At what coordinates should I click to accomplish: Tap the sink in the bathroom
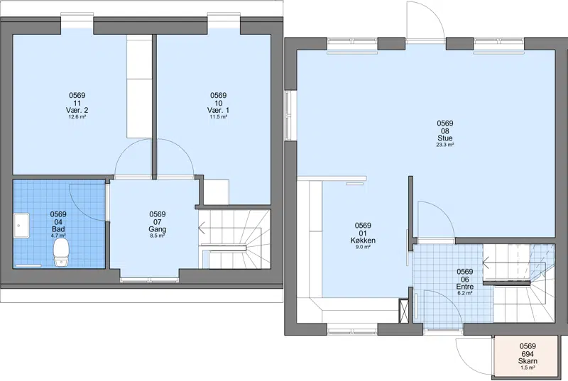(22, 226)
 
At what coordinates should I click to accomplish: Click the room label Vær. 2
(77, 110)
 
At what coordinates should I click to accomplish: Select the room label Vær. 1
(218, 110)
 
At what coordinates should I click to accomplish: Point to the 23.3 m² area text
(445, 145)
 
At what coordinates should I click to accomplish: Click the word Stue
(445, 138)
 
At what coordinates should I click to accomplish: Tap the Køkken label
(363, 241)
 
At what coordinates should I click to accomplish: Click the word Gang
(157, 229)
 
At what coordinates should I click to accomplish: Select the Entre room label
(465, 287)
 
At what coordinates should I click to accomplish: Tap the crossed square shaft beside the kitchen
(404, 310)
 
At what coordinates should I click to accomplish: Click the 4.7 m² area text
(58, 236)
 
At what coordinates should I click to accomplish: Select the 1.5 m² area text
(528, 368)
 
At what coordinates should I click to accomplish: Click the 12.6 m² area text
(77, 117)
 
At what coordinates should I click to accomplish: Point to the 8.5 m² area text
(157, 236)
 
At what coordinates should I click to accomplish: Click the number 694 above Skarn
(528, 354)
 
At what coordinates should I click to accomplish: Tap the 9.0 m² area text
(363, 247)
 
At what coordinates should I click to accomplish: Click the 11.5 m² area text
(218, 117)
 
